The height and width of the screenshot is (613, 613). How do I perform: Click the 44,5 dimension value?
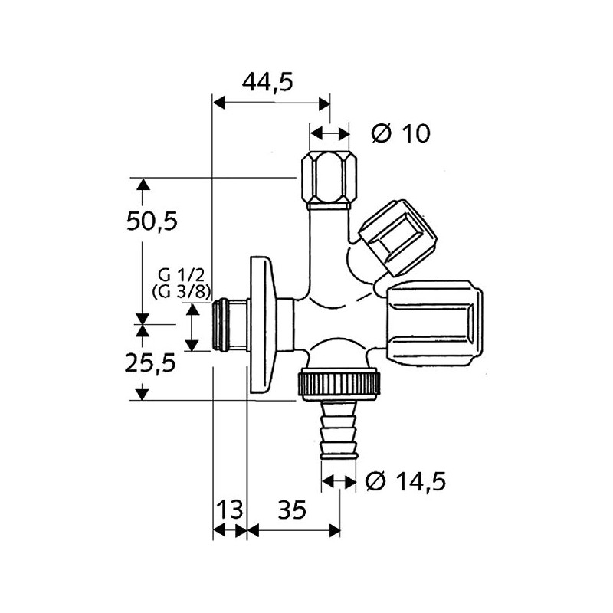coord(267,83)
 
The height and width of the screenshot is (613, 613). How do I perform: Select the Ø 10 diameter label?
coord(401,133)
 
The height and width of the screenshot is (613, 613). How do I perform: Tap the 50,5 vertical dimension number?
coord(152,221)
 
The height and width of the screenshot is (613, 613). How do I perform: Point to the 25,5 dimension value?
coord(150,363)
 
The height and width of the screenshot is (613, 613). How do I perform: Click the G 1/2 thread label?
coord(182,275)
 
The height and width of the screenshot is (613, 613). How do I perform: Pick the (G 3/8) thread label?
coord(182,292)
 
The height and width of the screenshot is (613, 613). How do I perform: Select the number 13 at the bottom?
coord(229,510)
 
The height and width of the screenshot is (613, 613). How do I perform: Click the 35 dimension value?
coord(292,510)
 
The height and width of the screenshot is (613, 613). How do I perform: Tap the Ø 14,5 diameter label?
coord(405,481)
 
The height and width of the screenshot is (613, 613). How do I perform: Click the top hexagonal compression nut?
coord(329,181)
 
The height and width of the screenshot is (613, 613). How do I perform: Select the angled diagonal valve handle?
coord(398,237)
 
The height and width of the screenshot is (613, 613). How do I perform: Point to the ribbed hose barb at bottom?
coord(339,430)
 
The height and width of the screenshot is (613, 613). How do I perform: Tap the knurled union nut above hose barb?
coord(339,384)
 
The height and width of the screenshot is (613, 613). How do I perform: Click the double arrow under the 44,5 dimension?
coord(271,103)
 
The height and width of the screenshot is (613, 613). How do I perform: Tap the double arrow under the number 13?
coord(230,530)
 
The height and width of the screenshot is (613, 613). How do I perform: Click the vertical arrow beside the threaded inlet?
coord(192,328)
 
